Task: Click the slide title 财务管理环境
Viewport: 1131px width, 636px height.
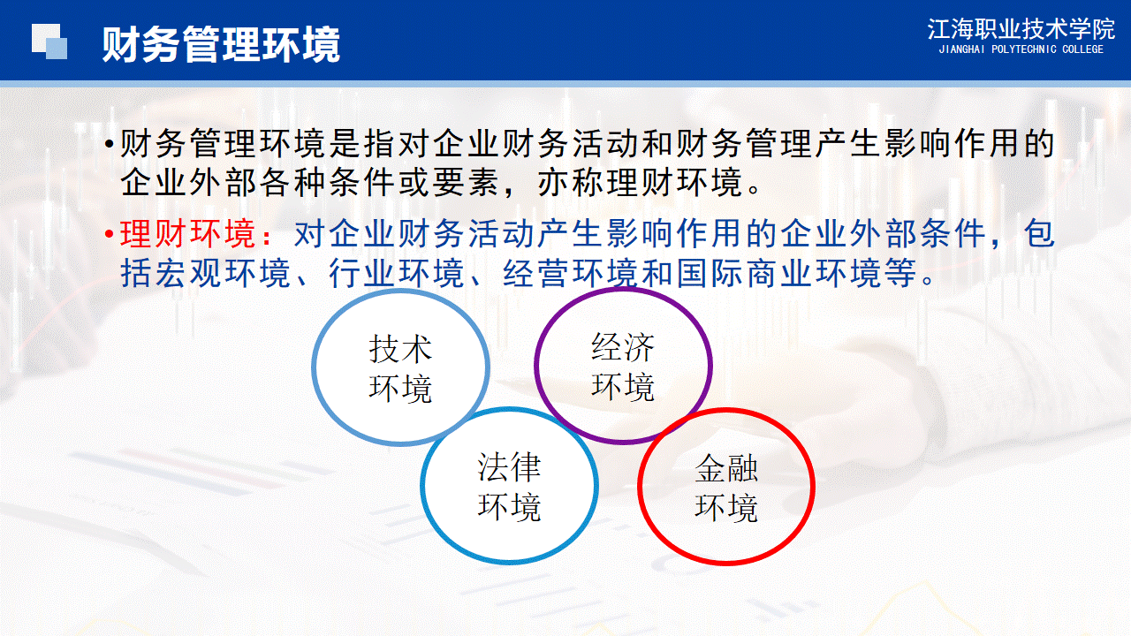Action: tap(221, 44)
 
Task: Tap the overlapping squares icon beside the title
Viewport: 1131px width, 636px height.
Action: tap(49, 42)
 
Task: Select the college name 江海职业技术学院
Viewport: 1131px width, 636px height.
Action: tap(1021, 29)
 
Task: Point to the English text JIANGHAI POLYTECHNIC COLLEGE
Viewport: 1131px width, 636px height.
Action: tap(1021, 49)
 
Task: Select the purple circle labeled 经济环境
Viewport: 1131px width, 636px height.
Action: tap(536, 366)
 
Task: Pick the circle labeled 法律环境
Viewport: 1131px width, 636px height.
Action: tap(423, 486)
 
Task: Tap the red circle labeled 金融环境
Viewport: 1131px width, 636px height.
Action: tap(641, 486)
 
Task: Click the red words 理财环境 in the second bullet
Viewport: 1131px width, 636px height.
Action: tap(188, 234)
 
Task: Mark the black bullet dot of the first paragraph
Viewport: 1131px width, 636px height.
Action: tap(110, 145)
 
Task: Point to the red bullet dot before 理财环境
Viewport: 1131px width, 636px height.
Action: tap(109, 235)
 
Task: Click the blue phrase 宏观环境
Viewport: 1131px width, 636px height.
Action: tap(223, 273)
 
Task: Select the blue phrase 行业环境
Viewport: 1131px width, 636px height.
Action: tap(397, 273)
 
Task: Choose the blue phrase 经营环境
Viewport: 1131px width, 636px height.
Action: tap(571, 273)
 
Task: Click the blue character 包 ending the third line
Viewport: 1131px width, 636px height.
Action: tap(1040, 234)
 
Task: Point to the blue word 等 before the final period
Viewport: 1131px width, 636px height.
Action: tap(900, 273)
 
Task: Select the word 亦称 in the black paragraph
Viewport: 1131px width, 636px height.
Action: tap(571, 182)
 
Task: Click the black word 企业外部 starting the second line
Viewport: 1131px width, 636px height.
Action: tap(188, 182)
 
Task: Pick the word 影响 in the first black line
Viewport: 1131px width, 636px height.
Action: tap(918, 144)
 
